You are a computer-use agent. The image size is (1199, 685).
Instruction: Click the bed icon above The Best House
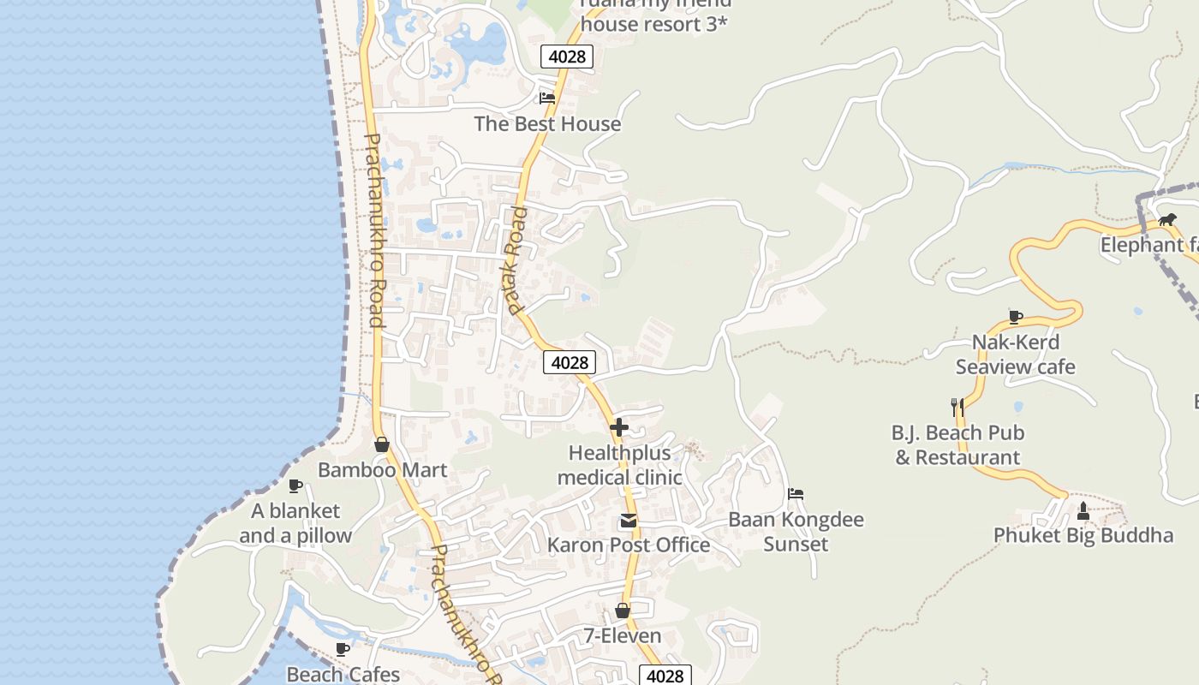547,98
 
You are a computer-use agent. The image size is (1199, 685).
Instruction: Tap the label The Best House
547,124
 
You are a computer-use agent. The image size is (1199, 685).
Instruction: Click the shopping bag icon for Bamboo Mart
382,444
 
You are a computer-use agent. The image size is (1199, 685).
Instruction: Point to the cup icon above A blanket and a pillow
295,485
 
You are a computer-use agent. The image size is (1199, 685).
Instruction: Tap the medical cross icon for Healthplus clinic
619,427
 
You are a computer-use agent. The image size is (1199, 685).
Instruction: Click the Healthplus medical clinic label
620,465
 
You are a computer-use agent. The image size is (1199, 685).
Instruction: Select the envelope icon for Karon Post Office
629,521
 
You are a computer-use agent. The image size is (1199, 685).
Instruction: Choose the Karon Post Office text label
629,545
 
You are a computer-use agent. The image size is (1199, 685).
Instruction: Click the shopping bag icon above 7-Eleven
623,611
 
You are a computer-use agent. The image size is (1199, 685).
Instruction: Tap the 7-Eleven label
623,635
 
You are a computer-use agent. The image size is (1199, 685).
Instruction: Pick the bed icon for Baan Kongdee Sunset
796,494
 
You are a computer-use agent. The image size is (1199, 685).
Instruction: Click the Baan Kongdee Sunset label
796,532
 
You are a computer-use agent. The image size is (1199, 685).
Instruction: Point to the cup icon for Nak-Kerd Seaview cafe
1016,317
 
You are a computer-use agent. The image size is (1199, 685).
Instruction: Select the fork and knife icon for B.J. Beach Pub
957,407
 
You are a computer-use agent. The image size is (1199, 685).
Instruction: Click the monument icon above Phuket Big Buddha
1083,511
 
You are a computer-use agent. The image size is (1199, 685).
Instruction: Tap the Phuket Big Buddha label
1083,536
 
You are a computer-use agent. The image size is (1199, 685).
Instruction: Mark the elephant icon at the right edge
1167,220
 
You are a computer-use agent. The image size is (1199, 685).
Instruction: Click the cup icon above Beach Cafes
343,649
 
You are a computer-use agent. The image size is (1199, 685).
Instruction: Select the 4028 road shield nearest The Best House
567,57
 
